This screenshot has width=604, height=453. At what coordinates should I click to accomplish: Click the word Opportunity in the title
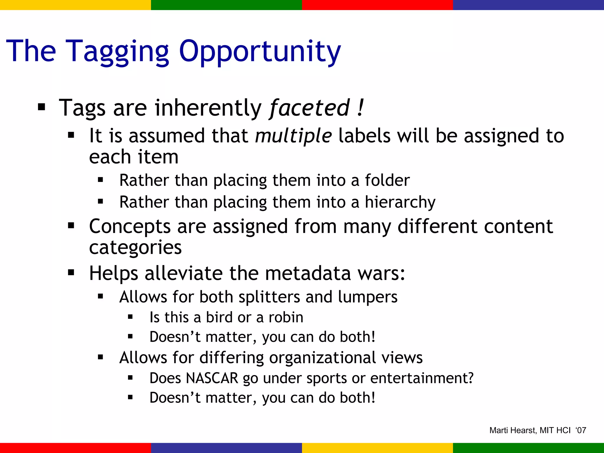pyautogui.click(x=260, y=52)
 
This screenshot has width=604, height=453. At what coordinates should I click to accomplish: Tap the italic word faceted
pyautogui.click(x=309, y=108)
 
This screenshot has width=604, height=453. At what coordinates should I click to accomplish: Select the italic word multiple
pyautogui.click(x=293, y=136)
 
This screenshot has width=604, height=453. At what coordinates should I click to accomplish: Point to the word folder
pyautogui.click(x=387, y=180)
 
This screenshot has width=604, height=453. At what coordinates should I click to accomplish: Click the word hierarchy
pyautogui.click(x=400, y=202)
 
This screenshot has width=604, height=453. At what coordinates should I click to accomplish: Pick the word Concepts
pyautogui.click(x=130, y=226)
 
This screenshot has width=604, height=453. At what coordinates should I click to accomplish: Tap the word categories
pyautogui.click(x=135, y=247)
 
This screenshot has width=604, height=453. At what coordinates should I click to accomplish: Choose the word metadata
pyautogui.click(x=308, y=273)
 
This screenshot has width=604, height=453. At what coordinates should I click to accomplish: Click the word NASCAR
pyautogui.click(x=212, y=378)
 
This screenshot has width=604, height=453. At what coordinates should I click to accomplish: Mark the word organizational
pyautogui.click(x=322, y=358)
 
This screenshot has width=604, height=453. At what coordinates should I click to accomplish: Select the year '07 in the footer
pyautogui.click(x=581, y=431)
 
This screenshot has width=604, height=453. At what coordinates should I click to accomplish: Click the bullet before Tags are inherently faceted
pyautogui.click(x=42, y=108)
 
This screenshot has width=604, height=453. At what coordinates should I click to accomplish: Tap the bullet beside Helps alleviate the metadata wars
pyautogui.click(x=71, y=272)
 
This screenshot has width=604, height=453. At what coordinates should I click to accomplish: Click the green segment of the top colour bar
pyautogui.click(x=226, y=5)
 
